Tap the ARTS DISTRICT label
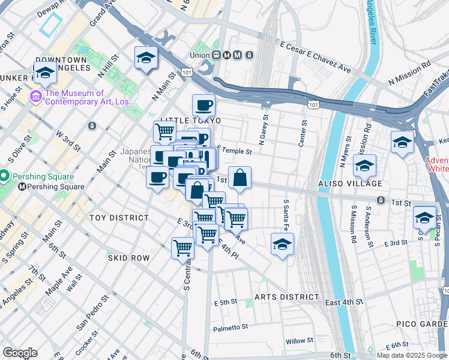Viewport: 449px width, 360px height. click(286, 297)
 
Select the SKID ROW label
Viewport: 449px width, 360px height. click(128, 257)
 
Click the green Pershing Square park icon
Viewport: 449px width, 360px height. click(4, 177)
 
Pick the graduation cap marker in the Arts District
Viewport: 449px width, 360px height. click(282, 244)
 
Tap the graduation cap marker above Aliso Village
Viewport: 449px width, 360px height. click(364, 165)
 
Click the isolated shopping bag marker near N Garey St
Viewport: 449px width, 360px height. click(240, 178)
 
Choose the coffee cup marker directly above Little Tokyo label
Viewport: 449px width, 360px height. click(203, 106)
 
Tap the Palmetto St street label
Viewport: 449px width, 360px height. click(231, 328)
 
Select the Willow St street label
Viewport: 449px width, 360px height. click(296, 341)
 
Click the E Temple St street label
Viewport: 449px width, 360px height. click(234, 152)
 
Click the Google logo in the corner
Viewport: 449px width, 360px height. click(20, 353)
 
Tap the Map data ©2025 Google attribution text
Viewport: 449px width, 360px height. click(412, 355)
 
